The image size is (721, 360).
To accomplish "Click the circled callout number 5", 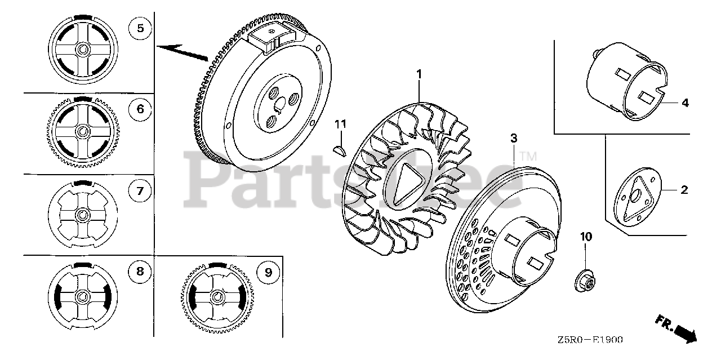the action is [x=140, y=28].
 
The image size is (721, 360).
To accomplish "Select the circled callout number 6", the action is [x=140, y=109].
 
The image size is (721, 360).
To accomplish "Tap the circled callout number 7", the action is [x=140, y=192].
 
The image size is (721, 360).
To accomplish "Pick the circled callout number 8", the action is [x=140, y=272].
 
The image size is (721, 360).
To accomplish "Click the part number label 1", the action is [x=419, y=73].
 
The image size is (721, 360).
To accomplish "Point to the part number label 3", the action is [x=514, y=137].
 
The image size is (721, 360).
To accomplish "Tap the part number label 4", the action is [x=684, y=103].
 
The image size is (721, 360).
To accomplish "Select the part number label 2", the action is [x=684, y=190].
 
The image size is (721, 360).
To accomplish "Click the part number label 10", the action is [x=586, y=237].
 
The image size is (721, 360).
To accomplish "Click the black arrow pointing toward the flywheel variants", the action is [x=183, y=52].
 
